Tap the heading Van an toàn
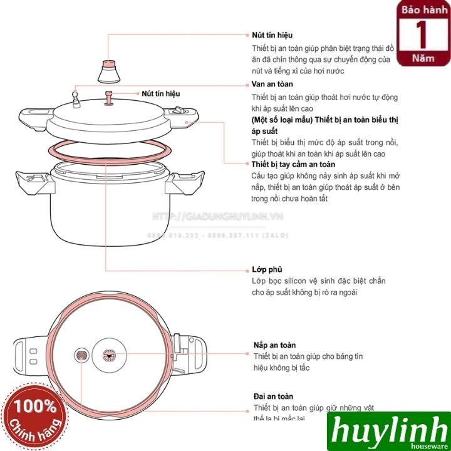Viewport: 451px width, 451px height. click(x=271, y=84)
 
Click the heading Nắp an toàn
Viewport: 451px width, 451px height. click(x=275, y=345)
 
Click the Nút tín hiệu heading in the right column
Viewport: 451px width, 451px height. click(x=272, y=35)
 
